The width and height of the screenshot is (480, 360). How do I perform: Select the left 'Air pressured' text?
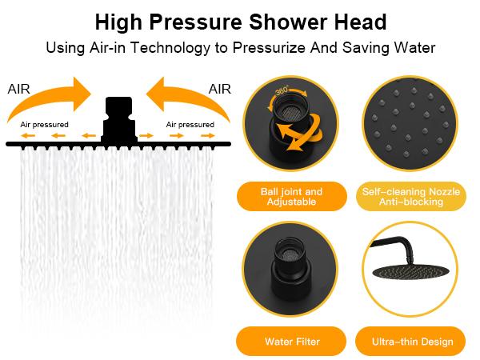[44, 125]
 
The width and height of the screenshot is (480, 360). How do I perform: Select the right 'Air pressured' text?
[190, 125]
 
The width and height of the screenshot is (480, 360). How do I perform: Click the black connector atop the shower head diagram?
[119, 116]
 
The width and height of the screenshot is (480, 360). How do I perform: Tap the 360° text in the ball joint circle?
[282, 91]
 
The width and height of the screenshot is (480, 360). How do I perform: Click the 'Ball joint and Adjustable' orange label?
[291, 197]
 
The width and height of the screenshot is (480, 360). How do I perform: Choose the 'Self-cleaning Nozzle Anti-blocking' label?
[410, 197]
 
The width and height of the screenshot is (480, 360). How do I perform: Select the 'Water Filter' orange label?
[292, 342]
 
